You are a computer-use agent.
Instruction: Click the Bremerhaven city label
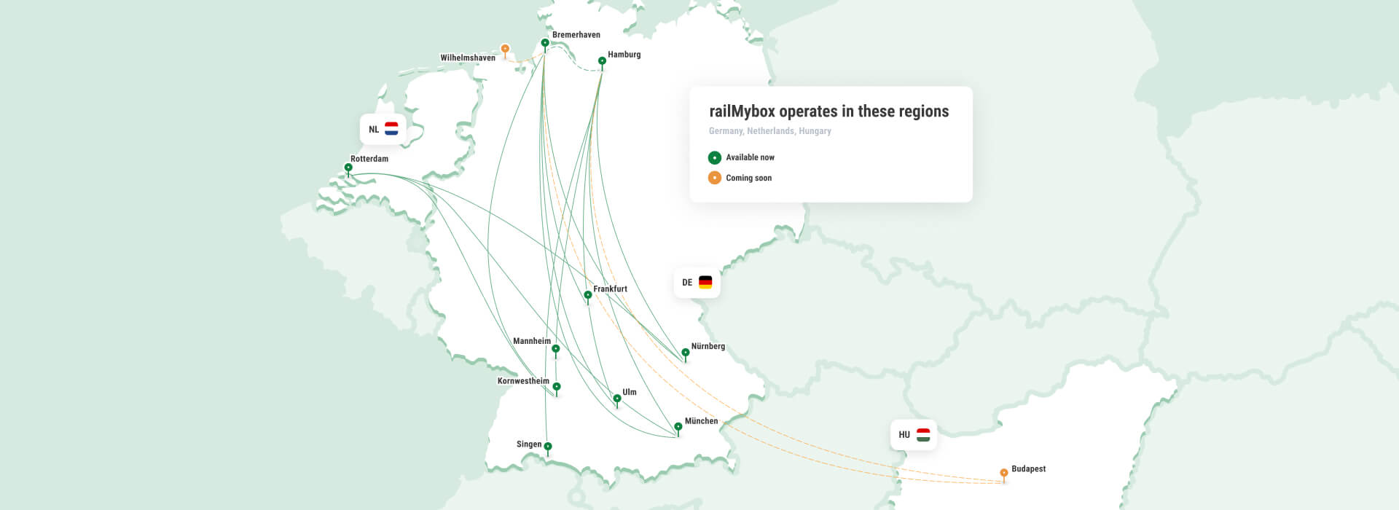point(576,35)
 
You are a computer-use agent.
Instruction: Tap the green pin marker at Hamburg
point(602,60)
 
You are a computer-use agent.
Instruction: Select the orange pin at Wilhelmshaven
point(505,49)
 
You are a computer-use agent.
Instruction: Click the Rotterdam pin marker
point(348,168)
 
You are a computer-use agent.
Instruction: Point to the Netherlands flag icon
point(391,129)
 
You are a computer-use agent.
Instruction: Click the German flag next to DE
point(705,282)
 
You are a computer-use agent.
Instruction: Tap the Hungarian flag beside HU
point(923,435)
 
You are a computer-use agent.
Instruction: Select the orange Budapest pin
point(1004,473)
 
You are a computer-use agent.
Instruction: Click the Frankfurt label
point(610,289)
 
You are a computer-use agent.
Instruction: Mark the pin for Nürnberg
point(685,353)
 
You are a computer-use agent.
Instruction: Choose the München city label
point(701,421)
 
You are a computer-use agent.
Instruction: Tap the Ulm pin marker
point(617,399)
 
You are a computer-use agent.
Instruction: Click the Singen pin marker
point(548,447)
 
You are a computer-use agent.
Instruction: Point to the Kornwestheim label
point(523,381)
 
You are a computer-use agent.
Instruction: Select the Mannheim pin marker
point(556,349)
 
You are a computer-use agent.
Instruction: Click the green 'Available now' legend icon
point(715,157)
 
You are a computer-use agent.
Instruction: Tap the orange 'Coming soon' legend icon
point(715,178)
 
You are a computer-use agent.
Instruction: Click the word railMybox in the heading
point(742,111)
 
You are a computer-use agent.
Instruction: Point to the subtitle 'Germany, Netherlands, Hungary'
point(769,131)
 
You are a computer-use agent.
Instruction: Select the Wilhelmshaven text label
point(468,58)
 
